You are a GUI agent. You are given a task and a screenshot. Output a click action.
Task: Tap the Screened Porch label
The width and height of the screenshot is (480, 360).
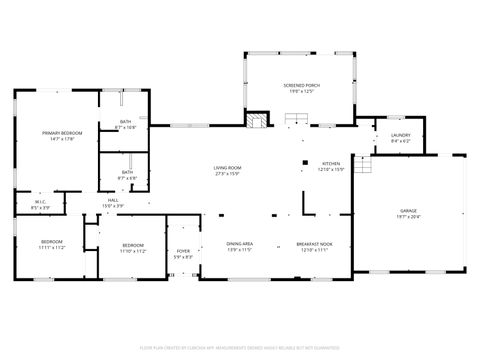[299, 87]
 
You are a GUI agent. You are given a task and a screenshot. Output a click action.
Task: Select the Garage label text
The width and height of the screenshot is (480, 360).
[409, 211]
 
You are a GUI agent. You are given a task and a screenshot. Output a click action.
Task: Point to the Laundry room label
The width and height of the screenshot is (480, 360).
[400, 135]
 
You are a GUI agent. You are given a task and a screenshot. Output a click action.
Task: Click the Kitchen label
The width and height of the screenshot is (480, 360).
[331, 164]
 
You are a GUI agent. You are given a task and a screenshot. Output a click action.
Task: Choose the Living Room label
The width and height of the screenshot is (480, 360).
[227, 167]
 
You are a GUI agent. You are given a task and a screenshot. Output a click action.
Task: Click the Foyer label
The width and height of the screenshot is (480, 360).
[183, 251]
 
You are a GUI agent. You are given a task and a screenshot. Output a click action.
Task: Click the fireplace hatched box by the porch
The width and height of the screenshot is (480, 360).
[257, 122]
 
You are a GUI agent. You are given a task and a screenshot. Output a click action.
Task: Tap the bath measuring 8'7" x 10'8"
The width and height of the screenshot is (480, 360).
[126, 127]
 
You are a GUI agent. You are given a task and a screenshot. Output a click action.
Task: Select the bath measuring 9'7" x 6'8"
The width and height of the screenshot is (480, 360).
[127, 177]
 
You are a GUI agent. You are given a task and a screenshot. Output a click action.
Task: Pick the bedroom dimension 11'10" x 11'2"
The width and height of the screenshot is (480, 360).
[134, 251]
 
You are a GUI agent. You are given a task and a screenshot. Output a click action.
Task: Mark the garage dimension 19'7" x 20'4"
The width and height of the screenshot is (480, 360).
[409, 217]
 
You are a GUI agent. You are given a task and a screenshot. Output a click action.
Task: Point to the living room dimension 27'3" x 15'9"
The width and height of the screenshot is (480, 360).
[227, 173]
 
